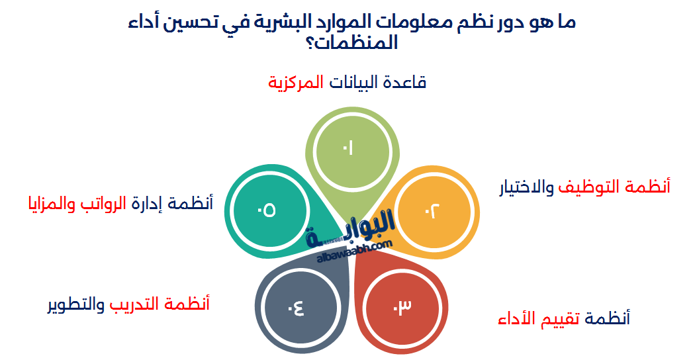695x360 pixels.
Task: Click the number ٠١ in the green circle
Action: click(x=347, y=149)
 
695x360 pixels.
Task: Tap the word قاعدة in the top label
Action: click(x=405, y=83)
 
